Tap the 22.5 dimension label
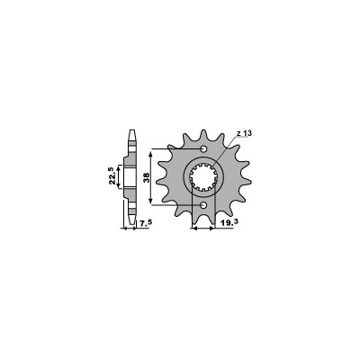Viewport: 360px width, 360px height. coord(112,176)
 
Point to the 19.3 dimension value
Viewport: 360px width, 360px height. coord(229,222)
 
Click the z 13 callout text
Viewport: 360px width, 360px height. coord(244,134)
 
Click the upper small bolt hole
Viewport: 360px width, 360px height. coord(203,148)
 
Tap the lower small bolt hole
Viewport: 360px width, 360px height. coord(203,205)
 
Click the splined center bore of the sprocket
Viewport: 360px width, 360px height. coord(203,177)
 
